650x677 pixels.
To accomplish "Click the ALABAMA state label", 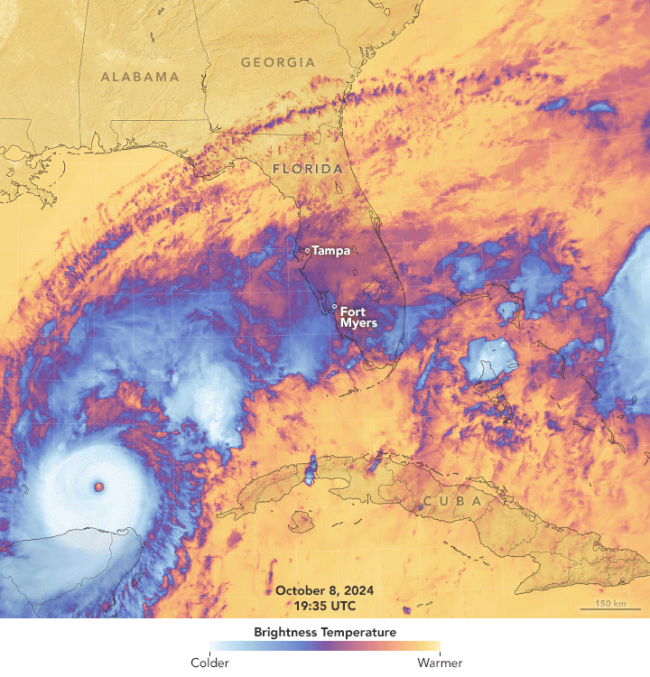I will (x=140, y=77).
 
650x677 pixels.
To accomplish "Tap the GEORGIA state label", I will (x=278, y=62).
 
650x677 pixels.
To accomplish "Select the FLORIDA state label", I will (x=308, y=169).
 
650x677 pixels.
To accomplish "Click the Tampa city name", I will (x=330, y=251).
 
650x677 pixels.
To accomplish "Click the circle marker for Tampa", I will (x=307, y=251).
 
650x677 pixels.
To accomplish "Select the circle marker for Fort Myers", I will (x=334, y=307).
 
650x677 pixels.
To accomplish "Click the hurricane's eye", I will (x=97, y=487).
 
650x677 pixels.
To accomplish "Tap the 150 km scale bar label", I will (x=609, y=602).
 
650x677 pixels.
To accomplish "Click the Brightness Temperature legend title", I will (x=324, y=633).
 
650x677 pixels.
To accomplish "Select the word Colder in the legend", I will (x=209, y=663).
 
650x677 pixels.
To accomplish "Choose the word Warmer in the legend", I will (x=440, y=663).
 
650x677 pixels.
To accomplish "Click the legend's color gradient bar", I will (x=324, y=646).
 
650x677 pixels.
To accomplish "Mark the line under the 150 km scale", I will (x=609, y=609).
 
